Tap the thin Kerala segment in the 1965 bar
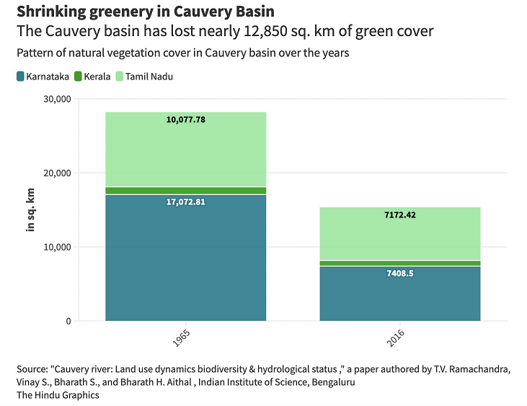185,191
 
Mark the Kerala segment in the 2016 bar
399,263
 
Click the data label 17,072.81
186,202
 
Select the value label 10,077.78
186,120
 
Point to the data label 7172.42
399,215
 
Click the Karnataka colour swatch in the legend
20,77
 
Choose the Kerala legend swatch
77,77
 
